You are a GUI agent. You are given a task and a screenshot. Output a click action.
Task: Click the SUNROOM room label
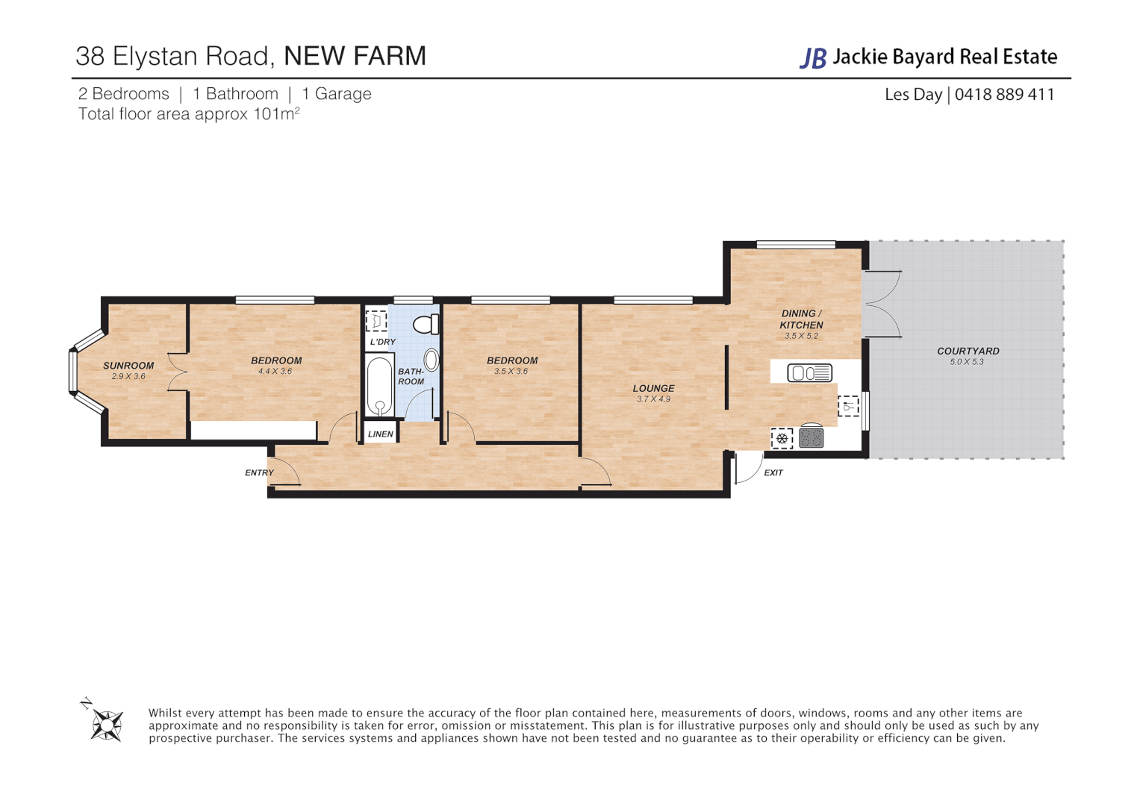click(128, 366)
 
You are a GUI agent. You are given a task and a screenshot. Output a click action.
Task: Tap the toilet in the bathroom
click(426, 325)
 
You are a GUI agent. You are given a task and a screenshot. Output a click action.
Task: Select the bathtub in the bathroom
click(380, 386)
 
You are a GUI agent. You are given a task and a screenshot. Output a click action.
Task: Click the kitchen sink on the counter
click(810, 372)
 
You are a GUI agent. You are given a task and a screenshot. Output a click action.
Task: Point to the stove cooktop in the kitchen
click(811, 437)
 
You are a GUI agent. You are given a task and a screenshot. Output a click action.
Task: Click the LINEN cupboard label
click(380, 434)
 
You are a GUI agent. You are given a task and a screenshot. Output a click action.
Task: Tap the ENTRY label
click(259, 472)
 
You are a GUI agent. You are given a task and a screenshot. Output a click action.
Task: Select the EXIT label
click(773, 472)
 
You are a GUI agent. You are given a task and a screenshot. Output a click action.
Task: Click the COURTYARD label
click(968, 351)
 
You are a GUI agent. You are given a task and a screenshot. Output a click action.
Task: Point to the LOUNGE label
click(653, 388)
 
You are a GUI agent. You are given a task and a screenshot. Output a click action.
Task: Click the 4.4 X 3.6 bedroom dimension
click(275, 372)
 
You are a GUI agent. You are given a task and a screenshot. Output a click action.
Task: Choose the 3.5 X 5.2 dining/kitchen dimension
click(801, 337)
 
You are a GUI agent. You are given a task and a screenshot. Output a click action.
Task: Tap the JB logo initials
click(813, 57)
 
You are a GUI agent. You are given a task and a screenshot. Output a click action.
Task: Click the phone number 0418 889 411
click(1004, 95)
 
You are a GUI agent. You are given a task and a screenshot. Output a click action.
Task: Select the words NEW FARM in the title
click(355, 56)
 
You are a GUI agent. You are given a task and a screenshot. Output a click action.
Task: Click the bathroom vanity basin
click(431, 360)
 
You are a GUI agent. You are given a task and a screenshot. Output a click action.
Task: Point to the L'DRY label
click(382, 342)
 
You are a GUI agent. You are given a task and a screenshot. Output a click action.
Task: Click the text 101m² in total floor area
click(276, 114)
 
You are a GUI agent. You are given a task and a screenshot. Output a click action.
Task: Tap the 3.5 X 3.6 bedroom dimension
click(511, 372)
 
